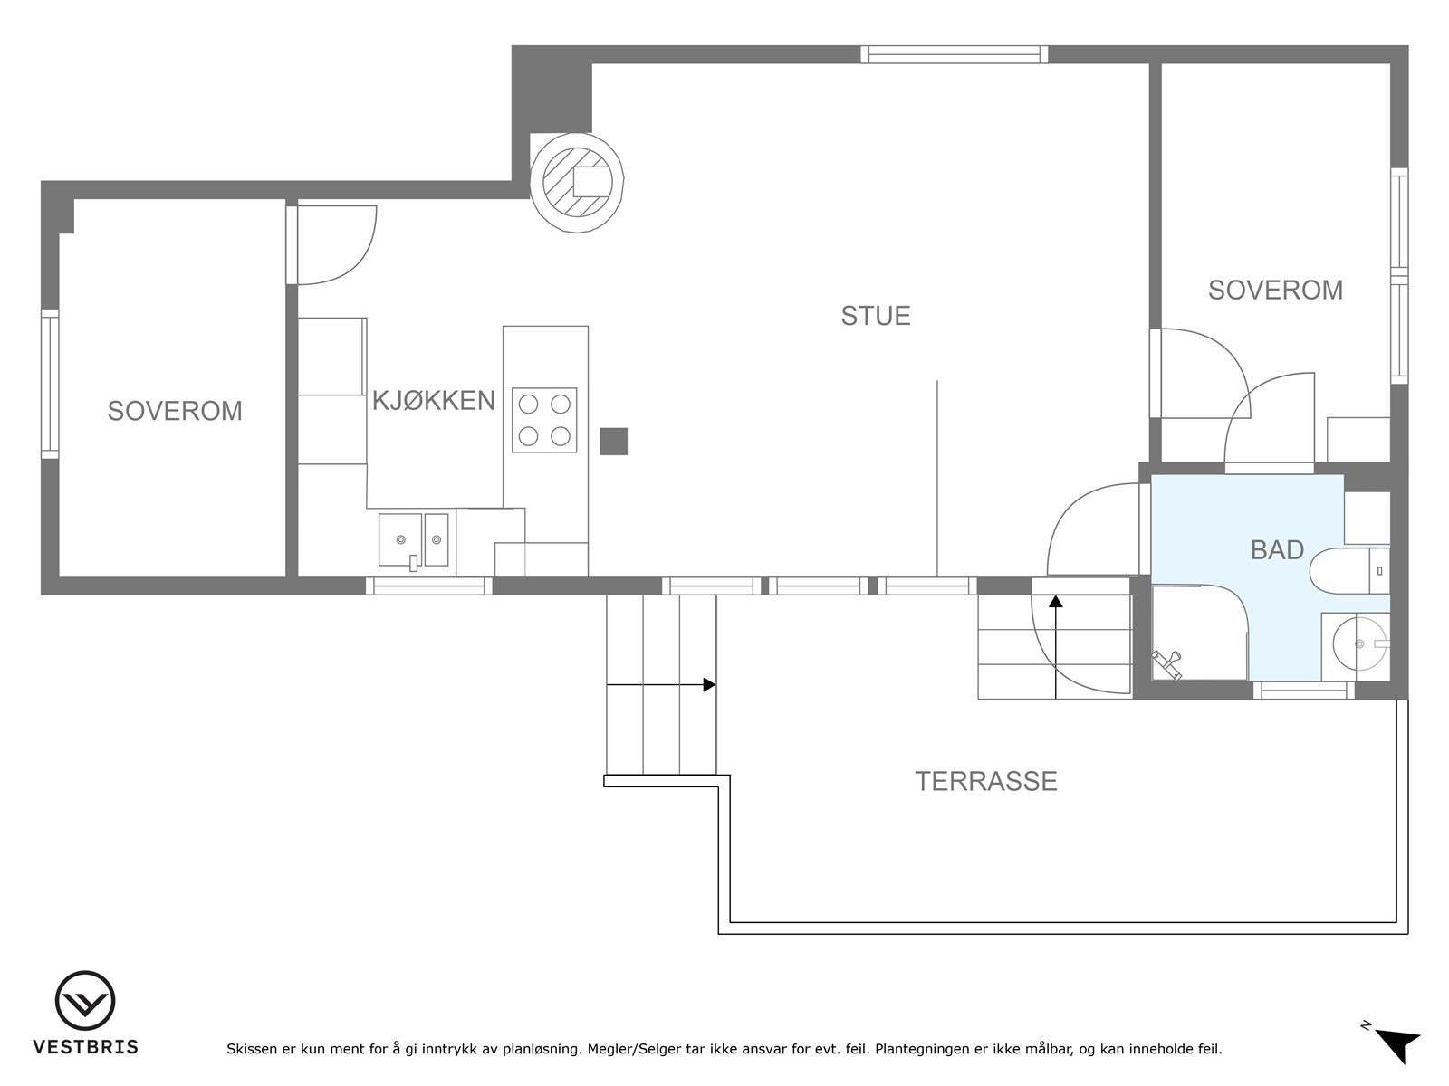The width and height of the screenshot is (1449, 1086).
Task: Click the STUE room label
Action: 876,316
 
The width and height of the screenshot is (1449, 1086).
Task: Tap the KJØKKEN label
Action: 434,400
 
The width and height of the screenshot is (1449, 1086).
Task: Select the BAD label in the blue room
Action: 1277,550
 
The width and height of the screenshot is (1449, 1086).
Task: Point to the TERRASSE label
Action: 986,781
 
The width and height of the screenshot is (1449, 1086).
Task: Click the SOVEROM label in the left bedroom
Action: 175,411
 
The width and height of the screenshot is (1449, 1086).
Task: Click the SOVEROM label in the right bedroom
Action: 1275,291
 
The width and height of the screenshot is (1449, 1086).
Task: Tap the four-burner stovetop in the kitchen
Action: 544,420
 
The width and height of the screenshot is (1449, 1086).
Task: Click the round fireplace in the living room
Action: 577,183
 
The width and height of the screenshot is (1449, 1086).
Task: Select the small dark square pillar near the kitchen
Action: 613,441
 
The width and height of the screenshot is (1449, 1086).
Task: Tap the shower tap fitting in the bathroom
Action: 1167,664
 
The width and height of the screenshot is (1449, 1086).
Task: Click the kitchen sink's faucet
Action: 413,562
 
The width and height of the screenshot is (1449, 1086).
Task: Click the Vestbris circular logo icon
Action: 85,1000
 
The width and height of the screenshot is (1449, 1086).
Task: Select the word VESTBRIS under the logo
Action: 86,1047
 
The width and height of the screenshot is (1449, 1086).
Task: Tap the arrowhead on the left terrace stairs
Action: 710,684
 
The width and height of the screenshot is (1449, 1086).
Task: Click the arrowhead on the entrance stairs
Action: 1056,601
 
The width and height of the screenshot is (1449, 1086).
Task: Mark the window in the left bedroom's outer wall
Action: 50,384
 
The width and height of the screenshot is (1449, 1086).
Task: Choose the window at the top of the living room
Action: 954,54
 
